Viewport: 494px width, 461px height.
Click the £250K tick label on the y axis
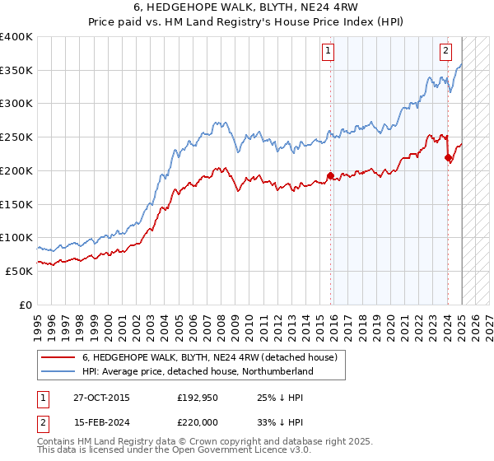(16, 137)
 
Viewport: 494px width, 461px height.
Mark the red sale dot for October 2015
(330, 175)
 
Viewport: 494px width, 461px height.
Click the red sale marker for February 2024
(448, 157)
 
